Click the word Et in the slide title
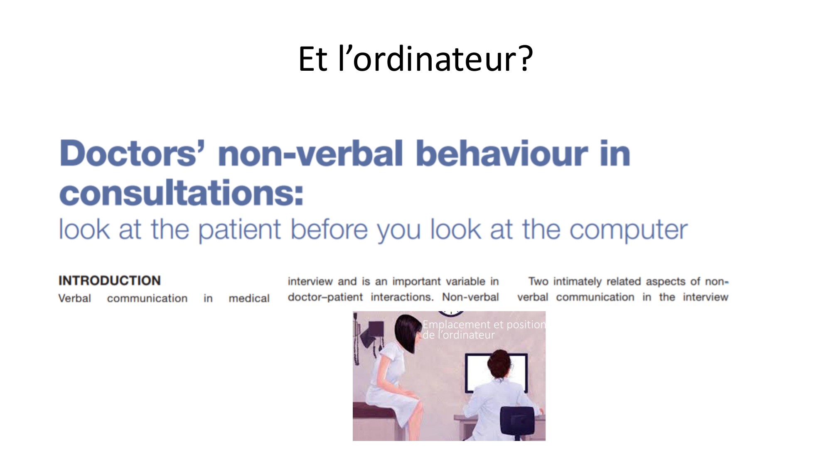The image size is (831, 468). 313,59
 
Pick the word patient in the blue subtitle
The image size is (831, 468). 240,230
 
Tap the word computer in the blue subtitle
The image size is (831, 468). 628,230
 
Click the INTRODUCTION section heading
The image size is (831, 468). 109,280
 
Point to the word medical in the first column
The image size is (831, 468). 249,298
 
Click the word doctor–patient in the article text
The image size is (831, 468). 325,297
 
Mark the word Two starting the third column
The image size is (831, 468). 538,281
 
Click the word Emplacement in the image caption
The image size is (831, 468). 456,324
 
